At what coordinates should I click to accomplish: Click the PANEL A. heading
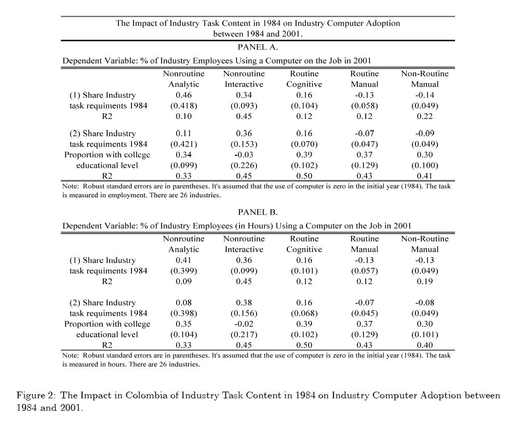[x=258, y=47]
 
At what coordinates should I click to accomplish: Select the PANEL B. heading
[x=258, y=212]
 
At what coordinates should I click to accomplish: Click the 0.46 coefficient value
[x=183, y=95]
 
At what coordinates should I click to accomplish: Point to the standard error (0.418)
[x=183, y=105]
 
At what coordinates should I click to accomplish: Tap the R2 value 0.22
[x=424, y=116]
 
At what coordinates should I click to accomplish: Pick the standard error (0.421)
[x=183, y=144]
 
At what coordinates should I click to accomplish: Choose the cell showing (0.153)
[x=244, y=144]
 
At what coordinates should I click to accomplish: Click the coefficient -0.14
[x=424, y=95]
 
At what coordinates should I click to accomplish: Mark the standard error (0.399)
[x=183, y=271]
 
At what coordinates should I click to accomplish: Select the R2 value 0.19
[x=424, y=281]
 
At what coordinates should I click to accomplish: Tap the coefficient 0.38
[x=244, y=303]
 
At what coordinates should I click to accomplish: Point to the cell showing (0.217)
[x=244, y=334]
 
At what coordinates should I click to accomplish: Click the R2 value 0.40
[x=424, y=345]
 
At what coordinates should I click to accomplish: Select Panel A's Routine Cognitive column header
[x=304, y=79]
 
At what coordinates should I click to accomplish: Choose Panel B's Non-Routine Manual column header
[x=424, y=244]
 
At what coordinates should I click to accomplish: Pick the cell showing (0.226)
[x=244, y=165]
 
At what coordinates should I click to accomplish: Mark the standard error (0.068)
[x=304, y=313]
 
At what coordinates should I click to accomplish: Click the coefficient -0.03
[x=244, y=155]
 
